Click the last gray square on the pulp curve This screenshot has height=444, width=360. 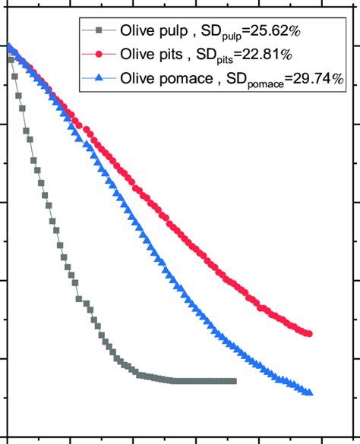coord(233,381)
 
